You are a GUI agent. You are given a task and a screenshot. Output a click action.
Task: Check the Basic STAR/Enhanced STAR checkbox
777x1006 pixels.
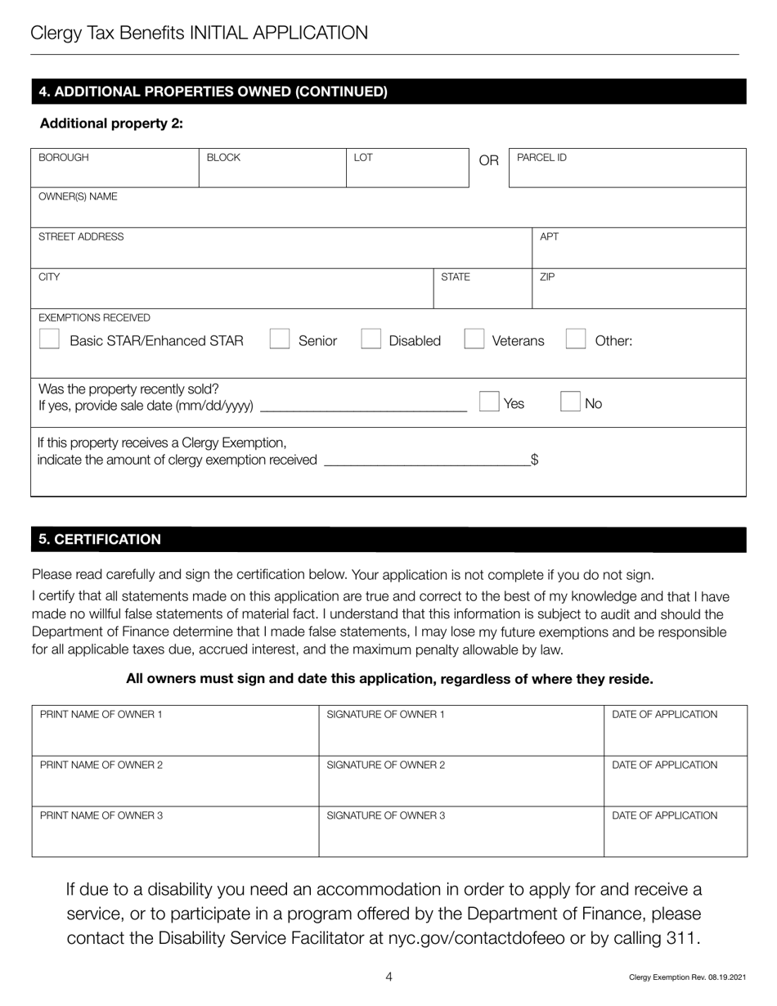tap(49, 339)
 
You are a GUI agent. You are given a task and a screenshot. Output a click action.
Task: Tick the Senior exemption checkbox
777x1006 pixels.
tap(280, 339)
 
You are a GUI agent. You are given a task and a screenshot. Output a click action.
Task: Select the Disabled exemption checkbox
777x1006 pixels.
tap(371, 339)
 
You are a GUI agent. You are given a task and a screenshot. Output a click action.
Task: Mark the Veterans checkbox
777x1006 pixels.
tap(474, 339)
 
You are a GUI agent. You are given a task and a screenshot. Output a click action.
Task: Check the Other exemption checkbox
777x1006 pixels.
tap(576, 339)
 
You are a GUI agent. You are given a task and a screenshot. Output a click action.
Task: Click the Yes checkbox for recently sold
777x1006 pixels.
tap(489, 402)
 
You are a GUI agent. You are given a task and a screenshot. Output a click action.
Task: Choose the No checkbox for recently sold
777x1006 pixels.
tap(570, 402)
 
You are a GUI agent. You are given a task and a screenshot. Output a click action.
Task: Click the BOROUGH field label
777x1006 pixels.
tap(64, 157)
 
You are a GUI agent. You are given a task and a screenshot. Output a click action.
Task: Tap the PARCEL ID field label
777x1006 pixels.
tap(541, 157)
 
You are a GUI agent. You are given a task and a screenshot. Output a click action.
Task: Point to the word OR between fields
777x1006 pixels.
tap(488, 160)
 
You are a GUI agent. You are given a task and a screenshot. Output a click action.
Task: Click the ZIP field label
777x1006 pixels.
tap(547, 277)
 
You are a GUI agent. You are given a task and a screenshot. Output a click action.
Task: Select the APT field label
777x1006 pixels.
tap(550, 237)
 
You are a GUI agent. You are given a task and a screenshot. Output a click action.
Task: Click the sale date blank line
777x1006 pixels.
tap(362, 406)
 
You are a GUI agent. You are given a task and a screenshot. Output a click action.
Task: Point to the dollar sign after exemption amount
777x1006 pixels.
tap(534, 460)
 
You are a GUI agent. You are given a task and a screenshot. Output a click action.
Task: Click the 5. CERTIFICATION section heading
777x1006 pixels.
tap(100, 540)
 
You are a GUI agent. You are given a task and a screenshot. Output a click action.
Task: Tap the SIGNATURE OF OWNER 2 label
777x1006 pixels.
tap(385, 766)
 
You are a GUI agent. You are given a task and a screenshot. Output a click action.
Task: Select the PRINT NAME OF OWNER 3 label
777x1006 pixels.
tap(101, 815)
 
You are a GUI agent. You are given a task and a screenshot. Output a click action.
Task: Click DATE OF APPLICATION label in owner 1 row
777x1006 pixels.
tap(665, 715)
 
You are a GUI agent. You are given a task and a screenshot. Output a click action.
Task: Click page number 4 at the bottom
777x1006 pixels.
tap(388, 976)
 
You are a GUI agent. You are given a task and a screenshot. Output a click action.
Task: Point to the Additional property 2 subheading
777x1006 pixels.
tap(111, 124)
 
